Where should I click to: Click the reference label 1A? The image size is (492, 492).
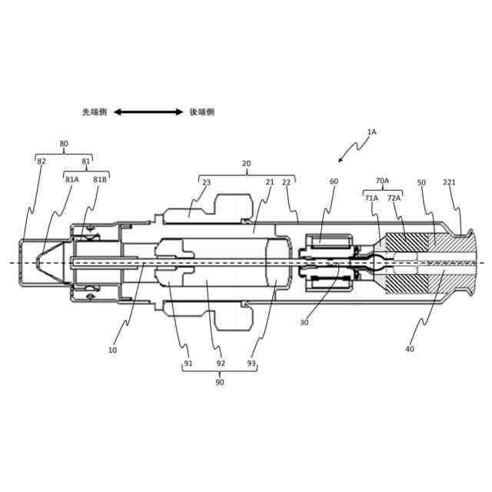[x=371, y=132]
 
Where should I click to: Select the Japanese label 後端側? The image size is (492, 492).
[x=202, y=112]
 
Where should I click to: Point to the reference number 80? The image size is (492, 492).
[x=64, y=144]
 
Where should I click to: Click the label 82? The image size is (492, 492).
[x=42, y=161]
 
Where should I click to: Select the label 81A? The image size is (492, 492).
[x=72, y=180]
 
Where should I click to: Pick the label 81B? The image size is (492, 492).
[x=100, y=180]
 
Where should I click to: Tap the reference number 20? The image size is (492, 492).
[x=246, y=164]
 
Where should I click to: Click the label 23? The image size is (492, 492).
[x=206, y=183]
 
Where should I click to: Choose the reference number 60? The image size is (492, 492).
[x=334, y=182]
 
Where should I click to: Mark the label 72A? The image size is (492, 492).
[x=394, y=198]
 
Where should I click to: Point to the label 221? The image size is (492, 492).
[x=450, y=183]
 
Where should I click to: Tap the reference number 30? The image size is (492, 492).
[x=304, y=323]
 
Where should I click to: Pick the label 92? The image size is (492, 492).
[x=221, y=364]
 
